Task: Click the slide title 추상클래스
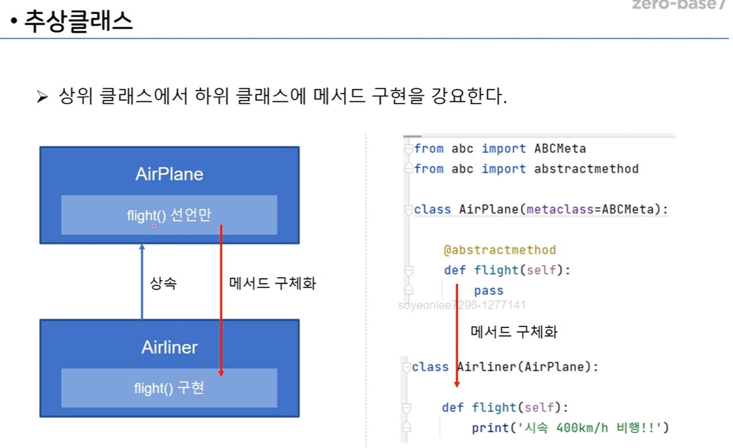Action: pos(78,22)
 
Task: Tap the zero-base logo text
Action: pos(678,5)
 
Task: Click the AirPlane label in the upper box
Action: pos(169,174)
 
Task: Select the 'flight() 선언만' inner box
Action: pos(169,215)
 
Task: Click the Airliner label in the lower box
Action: pos(169,347)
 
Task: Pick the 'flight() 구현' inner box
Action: pos(169,388)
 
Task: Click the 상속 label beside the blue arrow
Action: pos(163,283)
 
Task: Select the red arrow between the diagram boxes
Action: pos(221,300)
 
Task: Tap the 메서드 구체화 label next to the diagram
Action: pos(272,283)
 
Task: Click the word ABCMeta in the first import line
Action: pos(559,149)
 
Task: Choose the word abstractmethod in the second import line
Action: pos(586,169)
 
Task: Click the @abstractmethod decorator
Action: pos(499,250)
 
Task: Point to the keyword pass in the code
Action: pos(488,291)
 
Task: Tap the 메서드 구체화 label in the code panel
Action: pos(514,332)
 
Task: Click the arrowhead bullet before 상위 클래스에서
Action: pos(42,97)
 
